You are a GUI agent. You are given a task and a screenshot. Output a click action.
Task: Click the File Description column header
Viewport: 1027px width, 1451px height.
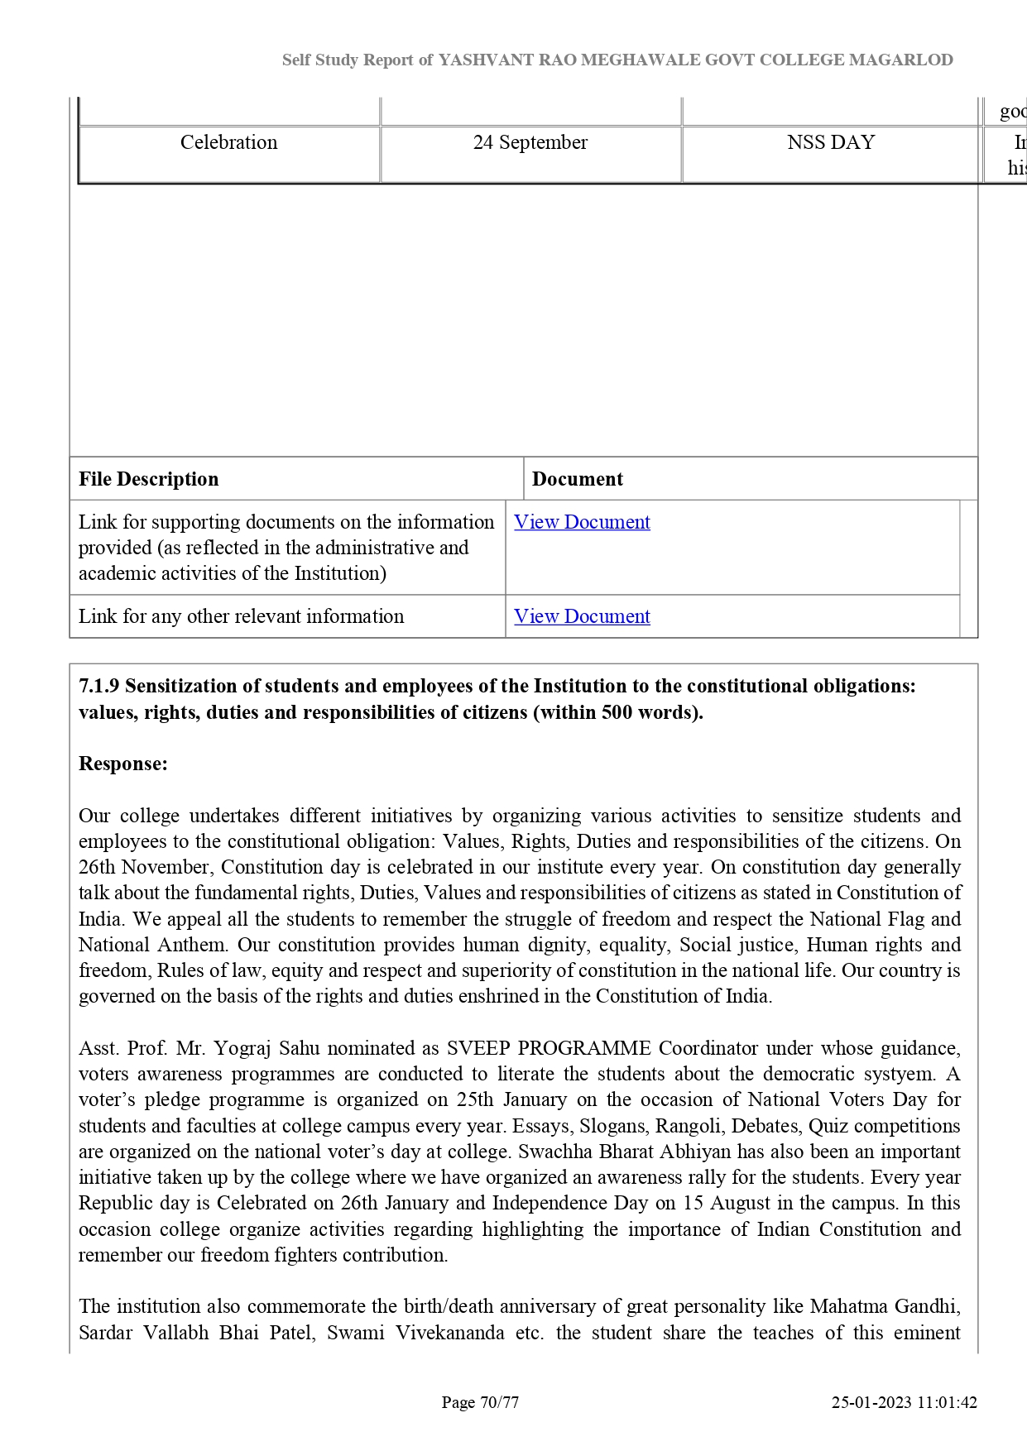[x=149, y=479]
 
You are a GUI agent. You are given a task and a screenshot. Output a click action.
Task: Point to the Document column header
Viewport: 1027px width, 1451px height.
[x=577, y=479]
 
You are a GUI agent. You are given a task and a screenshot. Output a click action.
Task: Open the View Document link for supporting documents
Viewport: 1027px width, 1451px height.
[x=582, y=522]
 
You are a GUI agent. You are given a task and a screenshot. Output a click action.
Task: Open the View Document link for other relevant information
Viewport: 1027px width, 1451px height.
[x=582, y=616]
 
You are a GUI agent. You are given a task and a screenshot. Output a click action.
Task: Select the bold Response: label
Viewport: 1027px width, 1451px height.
[x=123, y=764]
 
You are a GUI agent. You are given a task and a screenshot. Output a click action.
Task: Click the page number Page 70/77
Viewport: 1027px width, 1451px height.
[x=480, y=1402]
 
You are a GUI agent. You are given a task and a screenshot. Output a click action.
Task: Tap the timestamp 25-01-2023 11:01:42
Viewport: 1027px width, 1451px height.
[x=904, y=1402]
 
